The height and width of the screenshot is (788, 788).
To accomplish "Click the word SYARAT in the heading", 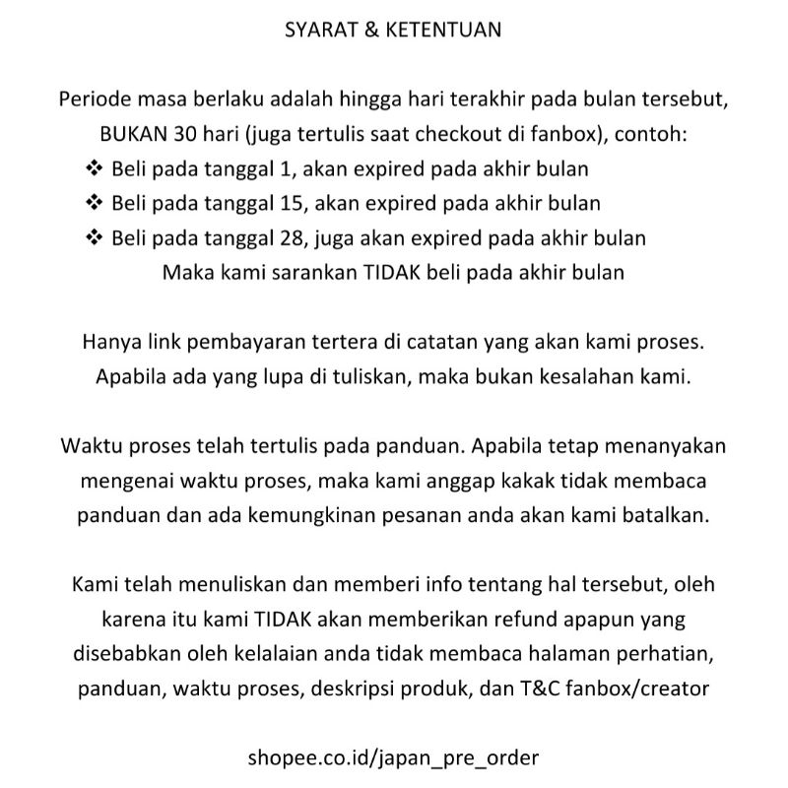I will [x=315, y=30].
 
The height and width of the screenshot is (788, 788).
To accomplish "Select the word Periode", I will [x=96, y=100].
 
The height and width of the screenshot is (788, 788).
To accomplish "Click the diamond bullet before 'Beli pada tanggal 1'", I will [x=96, y=168].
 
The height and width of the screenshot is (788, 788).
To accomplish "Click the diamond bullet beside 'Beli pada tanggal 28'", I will [x=96, y=237].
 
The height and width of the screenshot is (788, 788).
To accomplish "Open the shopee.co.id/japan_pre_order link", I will [x=394, y=758].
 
